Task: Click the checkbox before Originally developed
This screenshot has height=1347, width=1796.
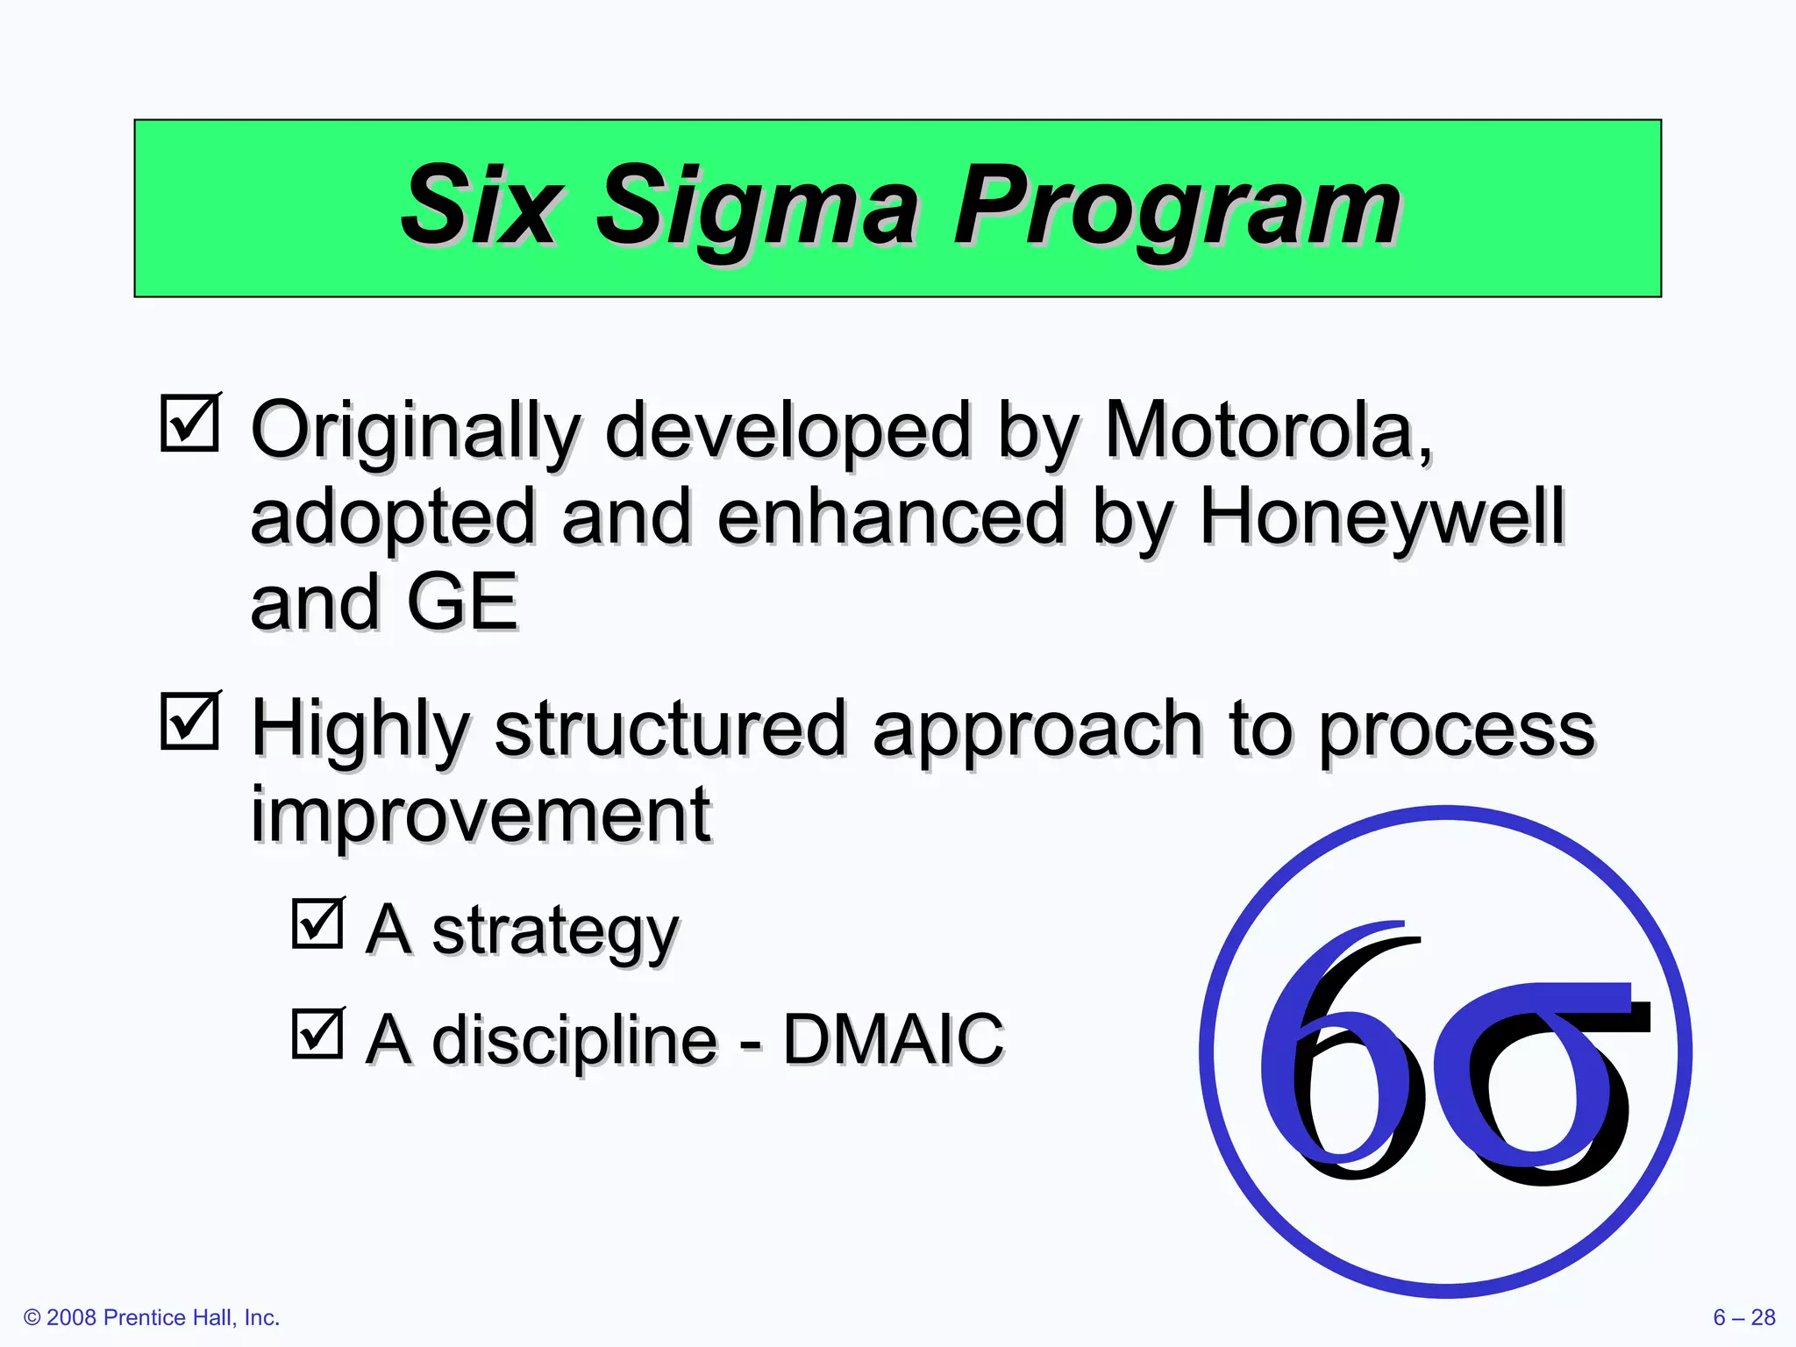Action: [190, 424]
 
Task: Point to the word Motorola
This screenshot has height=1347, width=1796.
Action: [1267, 431]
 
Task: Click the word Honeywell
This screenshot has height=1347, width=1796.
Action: [1381, 517]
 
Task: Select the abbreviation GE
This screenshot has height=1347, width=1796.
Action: [462, 602]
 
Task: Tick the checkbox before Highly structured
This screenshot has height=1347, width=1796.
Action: [190, 722]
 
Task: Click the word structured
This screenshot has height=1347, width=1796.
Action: [671, 730]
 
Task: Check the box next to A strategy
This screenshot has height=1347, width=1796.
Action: [317, 923]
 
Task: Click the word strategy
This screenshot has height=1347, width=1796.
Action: [555, 932]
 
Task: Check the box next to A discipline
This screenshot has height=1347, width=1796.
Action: [317, 1034]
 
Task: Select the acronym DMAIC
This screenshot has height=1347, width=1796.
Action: [893, 1040]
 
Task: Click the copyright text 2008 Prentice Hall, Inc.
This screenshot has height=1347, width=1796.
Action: [152, 1318]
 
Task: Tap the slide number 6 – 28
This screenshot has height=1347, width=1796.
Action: [1743, 1318]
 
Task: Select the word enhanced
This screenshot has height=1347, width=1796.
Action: [891, 517]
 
